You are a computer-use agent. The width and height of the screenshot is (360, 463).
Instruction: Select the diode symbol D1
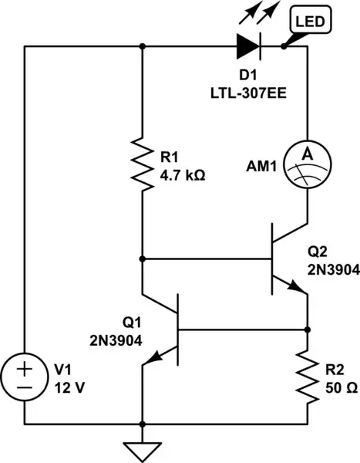click(x=249, y=46)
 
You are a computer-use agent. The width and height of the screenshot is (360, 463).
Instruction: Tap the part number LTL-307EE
click(x=248, y=94)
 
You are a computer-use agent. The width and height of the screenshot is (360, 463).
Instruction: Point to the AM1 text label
click(x=260, y=165)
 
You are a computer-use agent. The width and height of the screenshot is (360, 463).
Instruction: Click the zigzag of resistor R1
click(x=143, y=164)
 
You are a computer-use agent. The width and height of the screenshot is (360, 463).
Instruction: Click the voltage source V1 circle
click(x=25, y=376)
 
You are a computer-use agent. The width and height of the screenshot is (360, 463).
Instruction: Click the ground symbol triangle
click(x=143, y=449)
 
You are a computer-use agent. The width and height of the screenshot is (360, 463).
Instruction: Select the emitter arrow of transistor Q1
click(x=157, y=356)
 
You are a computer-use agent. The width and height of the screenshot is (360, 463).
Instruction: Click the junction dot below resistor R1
click(x=143, y=259)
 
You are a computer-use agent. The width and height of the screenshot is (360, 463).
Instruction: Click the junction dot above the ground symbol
click(x=143, y=424)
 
